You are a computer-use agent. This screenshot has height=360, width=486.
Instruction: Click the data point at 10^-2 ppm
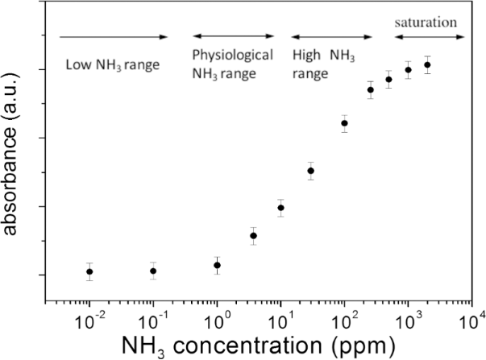tap(89, 271)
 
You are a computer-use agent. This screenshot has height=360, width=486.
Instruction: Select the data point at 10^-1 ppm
tap(153, 271)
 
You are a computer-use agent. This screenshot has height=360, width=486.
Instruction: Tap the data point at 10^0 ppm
tap(217, 265)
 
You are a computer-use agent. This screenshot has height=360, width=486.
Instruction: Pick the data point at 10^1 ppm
tap(280, 208)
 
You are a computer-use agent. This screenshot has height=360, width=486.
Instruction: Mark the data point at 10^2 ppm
tap(344, 123)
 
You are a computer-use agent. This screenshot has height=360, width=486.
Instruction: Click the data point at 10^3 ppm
tap(408, 69)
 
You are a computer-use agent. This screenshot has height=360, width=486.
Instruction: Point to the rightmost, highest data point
tap(427, 64)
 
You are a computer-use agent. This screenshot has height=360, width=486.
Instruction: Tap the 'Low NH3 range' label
tap(113, 64)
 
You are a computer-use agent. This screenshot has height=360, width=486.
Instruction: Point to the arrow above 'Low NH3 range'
tap(114, 37)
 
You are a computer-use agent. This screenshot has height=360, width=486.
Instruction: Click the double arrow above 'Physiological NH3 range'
tap(234, 37)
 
